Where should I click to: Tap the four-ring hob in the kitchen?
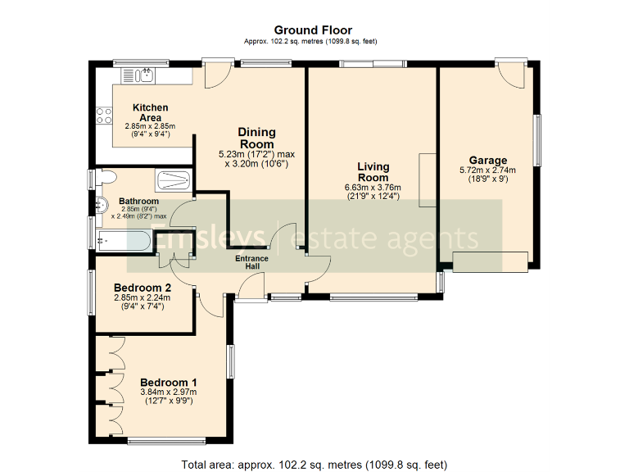coord(104,116)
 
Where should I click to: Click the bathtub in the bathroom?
coord(122,240)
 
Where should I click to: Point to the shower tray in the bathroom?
coord(173,179)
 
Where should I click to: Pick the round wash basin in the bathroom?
coord(101,205)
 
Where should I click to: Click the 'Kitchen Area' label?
coord(150,113)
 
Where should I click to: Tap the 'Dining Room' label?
coord(256,138)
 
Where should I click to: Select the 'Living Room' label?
coord(373,172)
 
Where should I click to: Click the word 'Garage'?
coord(488,160)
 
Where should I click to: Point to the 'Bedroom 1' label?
coord(168,383)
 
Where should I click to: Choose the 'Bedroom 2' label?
coord(143,288)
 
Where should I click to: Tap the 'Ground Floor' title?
coord(313,30)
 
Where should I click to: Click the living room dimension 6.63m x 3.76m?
coord(373,187)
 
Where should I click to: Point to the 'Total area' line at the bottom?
coord(314,464)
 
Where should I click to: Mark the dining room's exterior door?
coord(217,75)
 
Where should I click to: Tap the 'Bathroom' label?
coord(138,201)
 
